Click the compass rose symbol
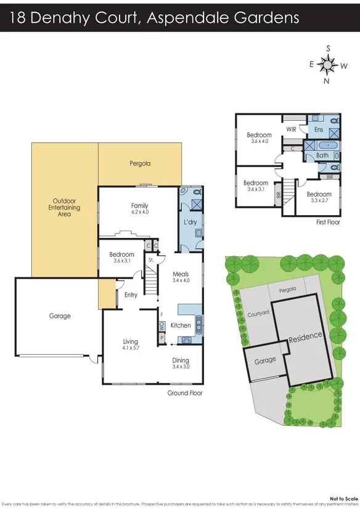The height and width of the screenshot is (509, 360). point(329,63)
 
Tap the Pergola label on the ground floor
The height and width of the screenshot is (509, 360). point(140,164)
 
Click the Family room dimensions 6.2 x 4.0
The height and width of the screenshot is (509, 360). point(140,213)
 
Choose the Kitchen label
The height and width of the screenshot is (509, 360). point(181,325)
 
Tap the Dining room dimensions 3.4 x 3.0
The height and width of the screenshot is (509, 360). point(180,367)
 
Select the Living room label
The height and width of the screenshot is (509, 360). point(130,341)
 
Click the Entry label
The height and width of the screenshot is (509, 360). point(131,295)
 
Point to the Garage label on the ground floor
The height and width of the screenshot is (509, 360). point(60,316)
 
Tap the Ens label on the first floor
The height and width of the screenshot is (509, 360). point(318,130)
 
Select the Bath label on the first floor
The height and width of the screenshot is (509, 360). point(322,155)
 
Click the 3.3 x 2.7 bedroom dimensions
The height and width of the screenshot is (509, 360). point(319,200)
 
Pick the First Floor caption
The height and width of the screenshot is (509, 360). point(327,222)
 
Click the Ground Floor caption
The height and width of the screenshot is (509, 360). point(185,393)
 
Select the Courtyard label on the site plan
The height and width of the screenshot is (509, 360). point(258,312)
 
